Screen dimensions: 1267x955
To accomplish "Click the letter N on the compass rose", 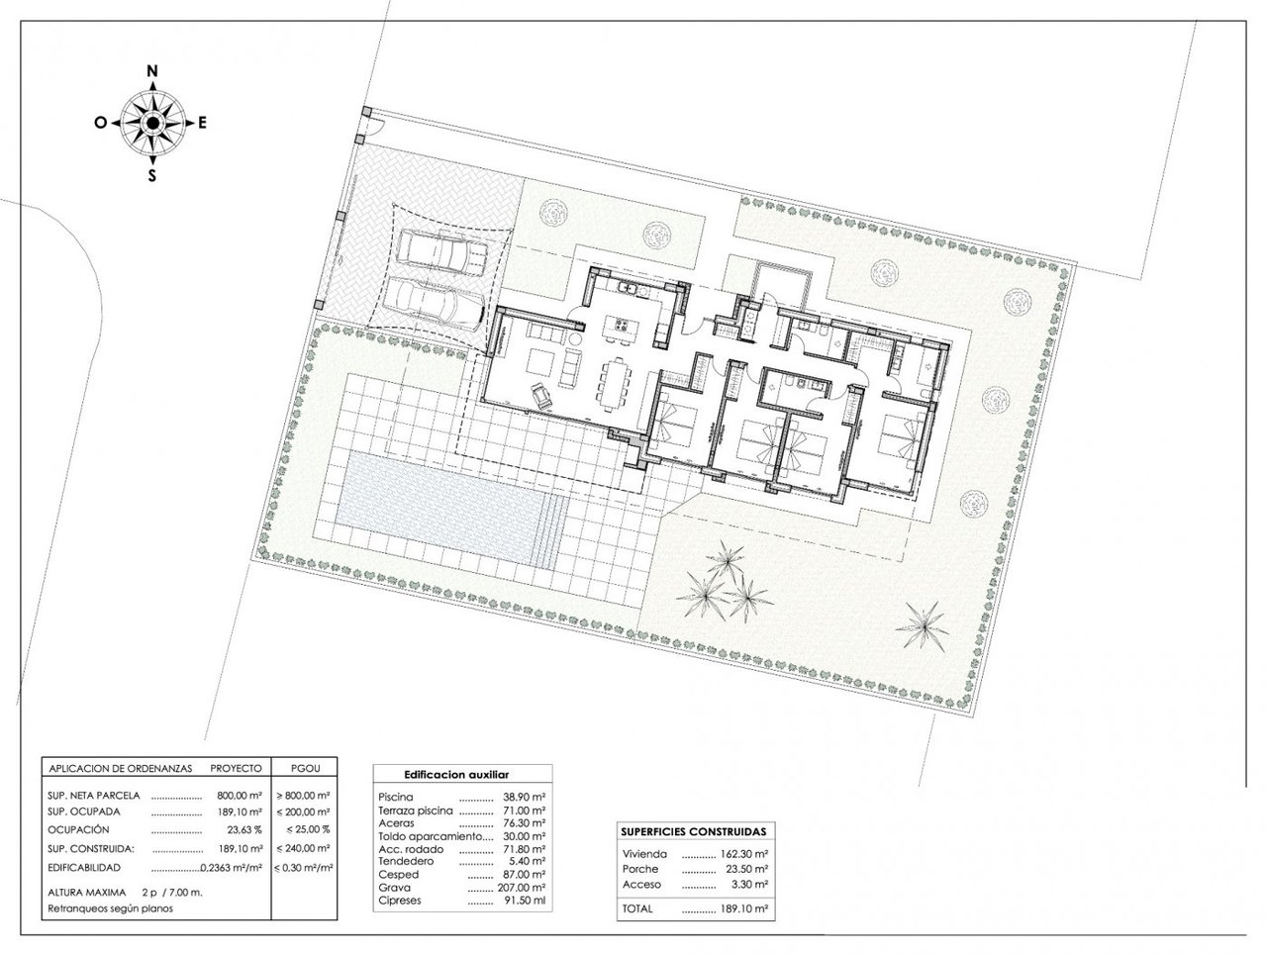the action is [x=152, y=71].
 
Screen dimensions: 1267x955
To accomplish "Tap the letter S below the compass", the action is [x=152, y=176].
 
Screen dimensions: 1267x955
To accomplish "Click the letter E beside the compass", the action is [x=202, y=123].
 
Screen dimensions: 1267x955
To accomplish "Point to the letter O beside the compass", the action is [x=100, y=123].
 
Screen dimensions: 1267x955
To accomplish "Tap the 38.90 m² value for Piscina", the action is [x=524, y=798].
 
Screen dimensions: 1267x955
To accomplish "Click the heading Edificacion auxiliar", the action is [x=456, y=775].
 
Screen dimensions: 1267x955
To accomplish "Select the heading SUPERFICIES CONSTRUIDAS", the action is [x=693, y=831].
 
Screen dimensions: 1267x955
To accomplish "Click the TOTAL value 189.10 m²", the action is [x=744, y=908].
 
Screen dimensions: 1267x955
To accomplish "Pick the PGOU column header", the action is [x=305, y=769].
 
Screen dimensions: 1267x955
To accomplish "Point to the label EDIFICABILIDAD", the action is [x=84, y=868].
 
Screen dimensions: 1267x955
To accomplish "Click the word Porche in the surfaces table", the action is [x=640, y=869].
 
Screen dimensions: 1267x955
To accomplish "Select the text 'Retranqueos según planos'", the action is [x=110, y=908].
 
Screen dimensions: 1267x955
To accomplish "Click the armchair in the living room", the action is [x=541, y=395].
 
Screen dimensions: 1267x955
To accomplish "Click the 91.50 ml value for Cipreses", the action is [x=525, y=901].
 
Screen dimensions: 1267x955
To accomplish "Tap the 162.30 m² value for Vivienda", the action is [x=744, y=854].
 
